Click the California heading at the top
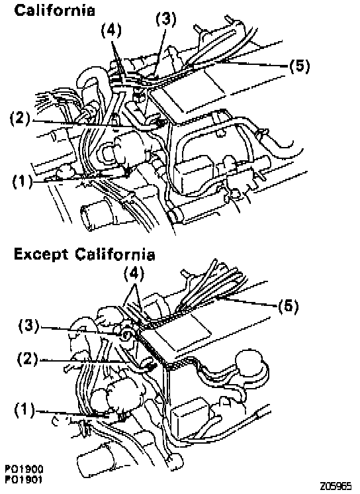[54, 10]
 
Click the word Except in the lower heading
[41, 254]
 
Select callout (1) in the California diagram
[22, 182]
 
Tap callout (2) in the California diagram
[20, 119]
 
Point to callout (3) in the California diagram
[166, 19]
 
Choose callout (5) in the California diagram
[299, 66]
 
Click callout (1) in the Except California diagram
[24, 411]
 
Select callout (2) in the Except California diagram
[27, 360]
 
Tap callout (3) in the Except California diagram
[28, 326]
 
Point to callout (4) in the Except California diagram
[134, 274]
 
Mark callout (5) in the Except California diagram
[288, 306]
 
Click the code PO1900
[24, 469]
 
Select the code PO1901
[24, 479]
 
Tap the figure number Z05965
[336, 487]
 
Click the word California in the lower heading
[115, 254]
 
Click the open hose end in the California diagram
[90, 217]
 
